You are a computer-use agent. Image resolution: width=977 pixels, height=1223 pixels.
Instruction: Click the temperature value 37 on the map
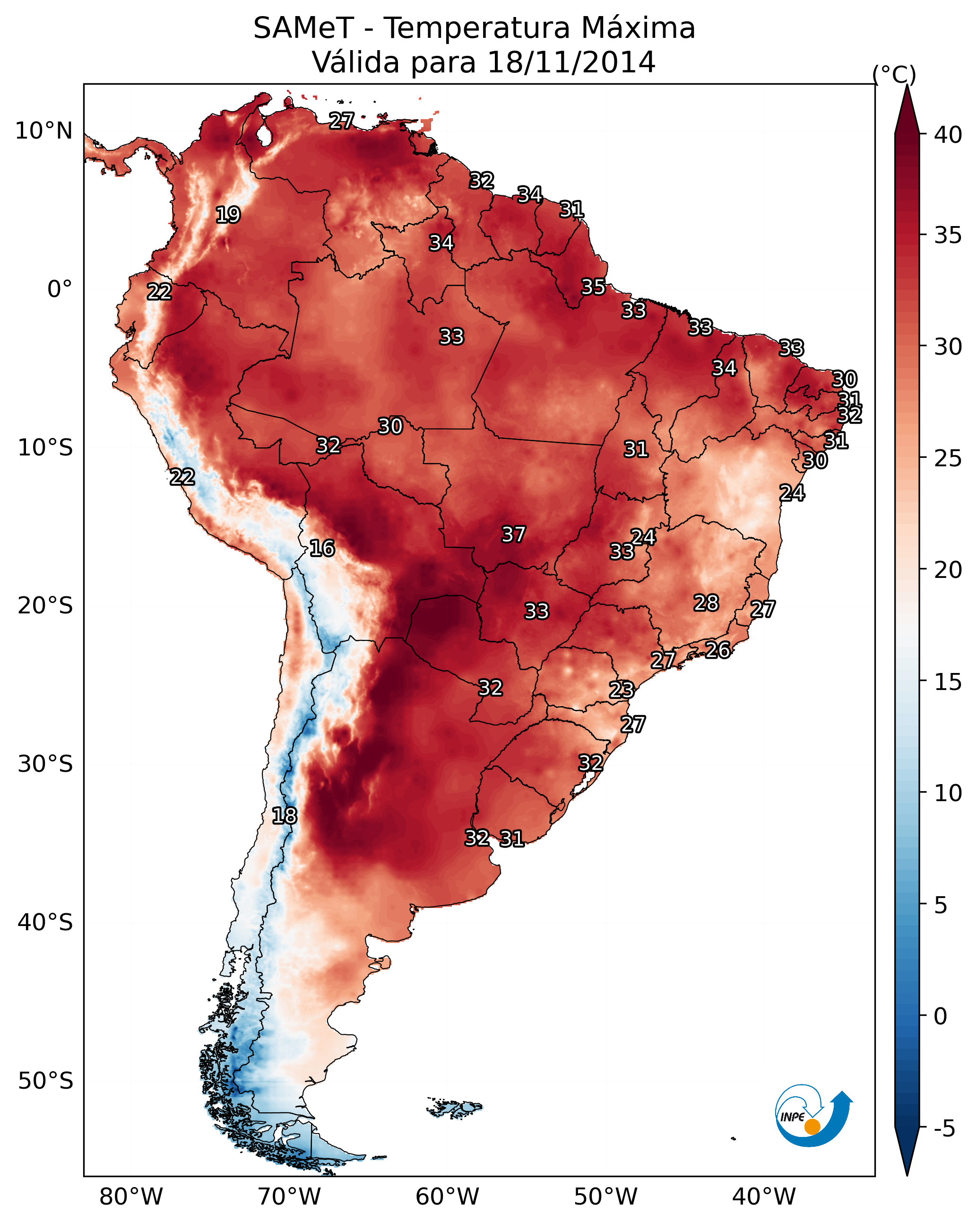pos(513,534)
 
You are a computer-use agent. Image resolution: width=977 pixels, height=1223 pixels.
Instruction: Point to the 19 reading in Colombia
pos(228,215)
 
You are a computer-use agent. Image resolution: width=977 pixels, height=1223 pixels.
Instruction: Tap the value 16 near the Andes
pos(322,548)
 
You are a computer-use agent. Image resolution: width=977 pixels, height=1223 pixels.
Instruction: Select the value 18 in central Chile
pos(284,816)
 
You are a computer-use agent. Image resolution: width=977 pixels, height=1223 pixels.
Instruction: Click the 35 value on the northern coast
pos(593,287)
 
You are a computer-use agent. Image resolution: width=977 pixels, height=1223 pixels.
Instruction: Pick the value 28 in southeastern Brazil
pos(706,603)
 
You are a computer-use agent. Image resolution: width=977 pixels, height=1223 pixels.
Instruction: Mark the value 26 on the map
pos(718,650)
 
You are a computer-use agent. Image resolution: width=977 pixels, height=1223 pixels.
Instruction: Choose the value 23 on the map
pos(622,690)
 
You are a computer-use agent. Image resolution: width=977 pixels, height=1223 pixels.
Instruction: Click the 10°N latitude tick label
pos(43,131)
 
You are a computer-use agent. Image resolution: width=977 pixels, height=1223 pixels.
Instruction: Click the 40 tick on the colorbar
pos(948,135)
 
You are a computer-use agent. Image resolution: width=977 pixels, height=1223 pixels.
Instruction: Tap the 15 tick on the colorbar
pos(948,682)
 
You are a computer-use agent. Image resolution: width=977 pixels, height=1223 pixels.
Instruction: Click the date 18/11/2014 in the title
pos(571,62)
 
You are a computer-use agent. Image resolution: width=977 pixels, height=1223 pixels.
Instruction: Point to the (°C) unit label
pos(894,74)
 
